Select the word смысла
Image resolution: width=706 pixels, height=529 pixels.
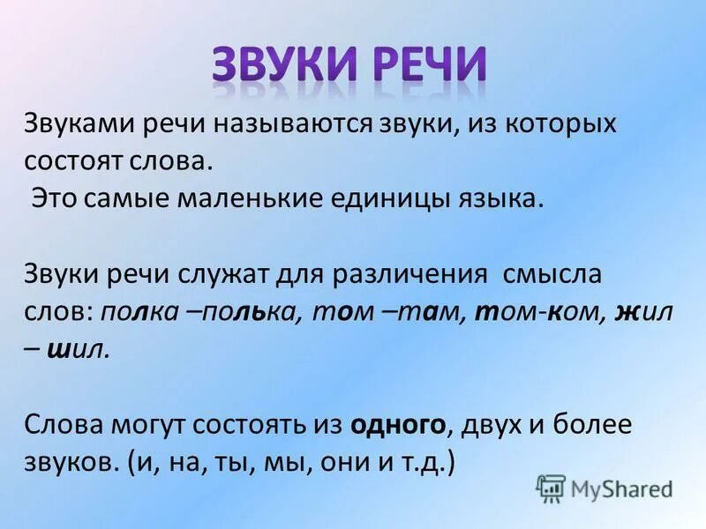[x=552, y=273]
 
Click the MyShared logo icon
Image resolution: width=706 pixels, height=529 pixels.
[x=551, y=488]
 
